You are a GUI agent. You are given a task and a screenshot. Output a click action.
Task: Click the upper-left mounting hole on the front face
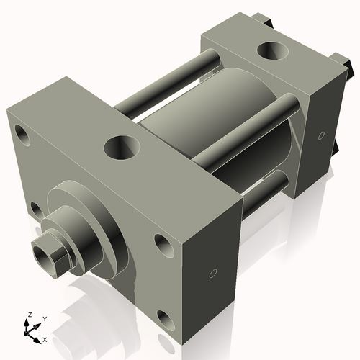coord(21,134)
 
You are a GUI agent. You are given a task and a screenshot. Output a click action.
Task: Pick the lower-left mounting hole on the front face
coord(35,210)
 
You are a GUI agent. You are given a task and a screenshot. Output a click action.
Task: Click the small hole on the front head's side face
coord(212,273)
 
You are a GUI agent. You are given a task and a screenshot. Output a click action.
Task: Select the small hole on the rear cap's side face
coord(319,135)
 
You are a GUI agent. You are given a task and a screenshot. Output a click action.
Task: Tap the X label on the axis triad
coord(45,338)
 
